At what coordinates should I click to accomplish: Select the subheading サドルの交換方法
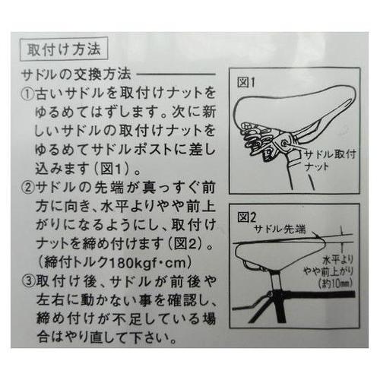(x=76, y=76)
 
